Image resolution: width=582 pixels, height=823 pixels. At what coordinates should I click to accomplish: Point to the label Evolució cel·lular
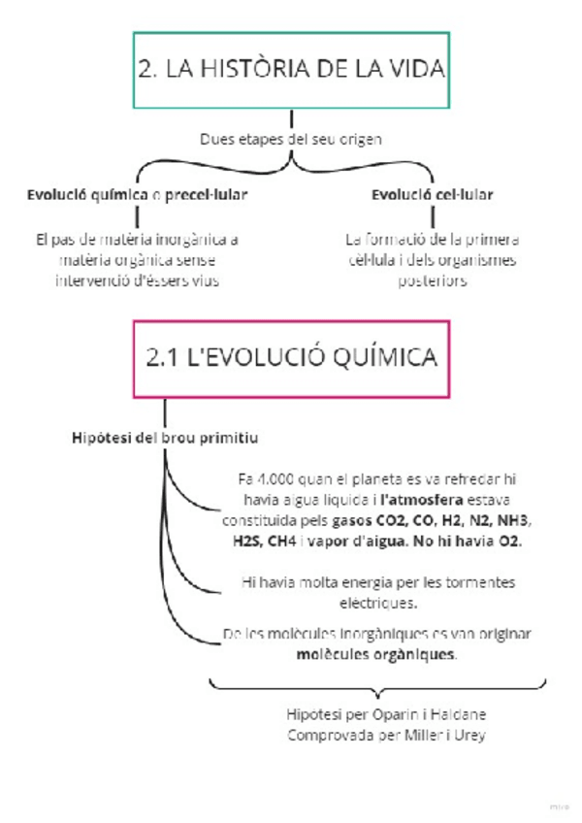pos(433,195)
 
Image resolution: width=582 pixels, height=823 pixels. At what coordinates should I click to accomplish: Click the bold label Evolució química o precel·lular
pos(137,195)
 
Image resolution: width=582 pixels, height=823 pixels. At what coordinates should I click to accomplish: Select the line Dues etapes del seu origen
pos(291,139)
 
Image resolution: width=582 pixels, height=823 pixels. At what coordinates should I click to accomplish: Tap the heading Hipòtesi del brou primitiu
pos(165,439)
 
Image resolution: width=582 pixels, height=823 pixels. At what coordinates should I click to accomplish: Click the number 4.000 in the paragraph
pos(275,478)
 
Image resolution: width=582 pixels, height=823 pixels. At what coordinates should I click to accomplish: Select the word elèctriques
pos(375,603)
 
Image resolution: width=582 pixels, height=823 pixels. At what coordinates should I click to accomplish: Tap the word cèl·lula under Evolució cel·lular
pos(374,260)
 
